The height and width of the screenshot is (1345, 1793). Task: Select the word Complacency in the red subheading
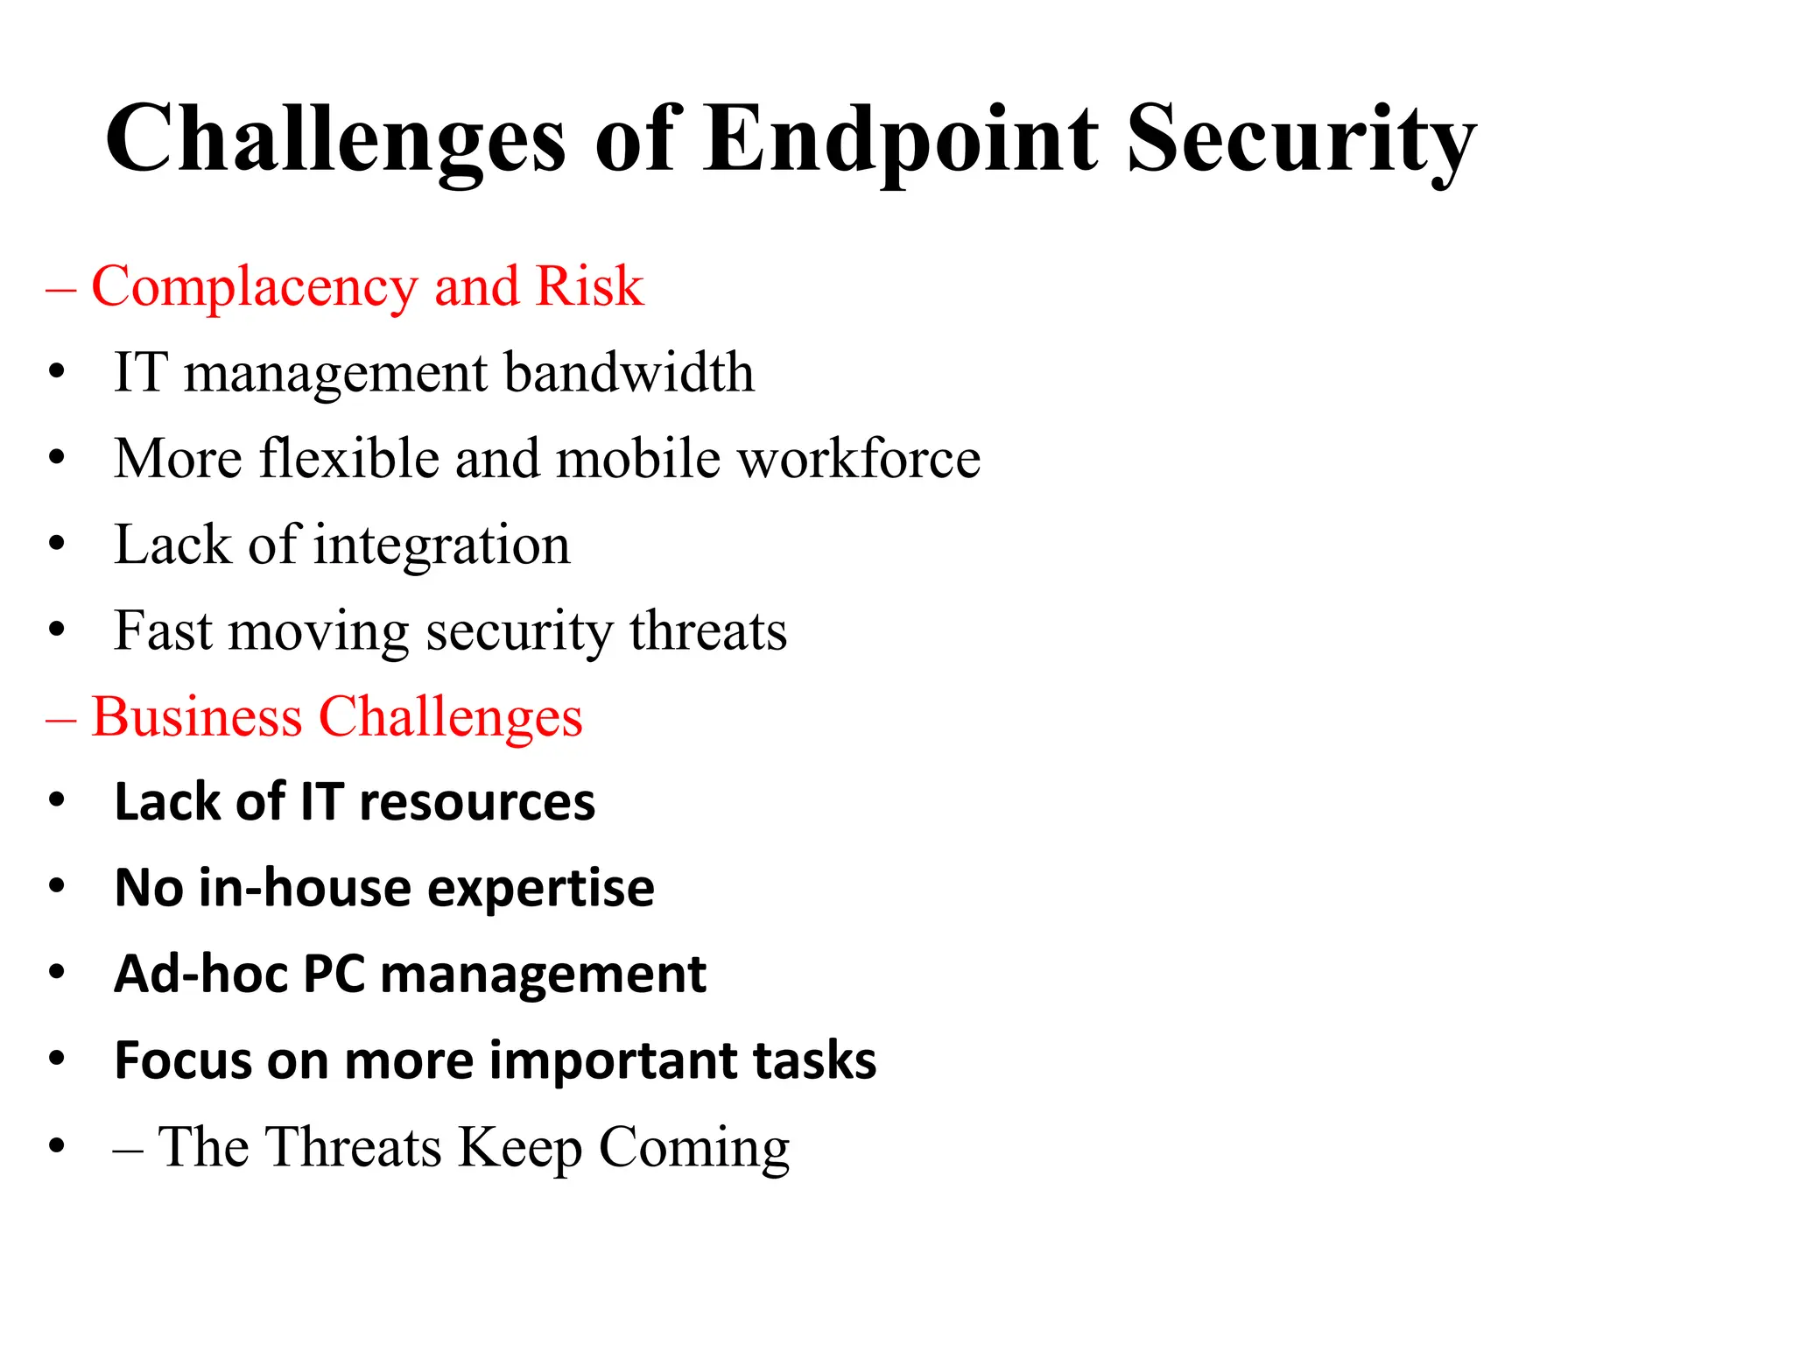pos(255,287)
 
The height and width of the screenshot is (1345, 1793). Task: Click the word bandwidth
pos(629,372)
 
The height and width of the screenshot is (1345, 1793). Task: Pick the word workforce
pos(859,458)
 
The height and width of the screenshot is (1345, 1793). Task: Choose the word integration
pos(441,546)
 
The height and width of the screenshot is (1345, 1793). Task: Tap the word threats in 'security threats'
pos(707,630)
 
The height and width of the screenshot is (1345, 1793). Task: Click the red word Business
pos(196,716)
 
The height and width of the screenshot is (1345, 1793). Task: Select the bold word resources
pos(476,802)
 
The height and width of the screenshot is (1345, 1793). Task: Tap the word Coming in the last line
pos(693,1147)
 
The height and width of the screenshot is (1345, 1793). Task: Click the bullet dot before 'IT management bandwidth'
pos(57,372)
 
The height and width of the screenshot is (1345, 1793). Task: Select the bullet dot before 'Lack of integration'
pos(57,545)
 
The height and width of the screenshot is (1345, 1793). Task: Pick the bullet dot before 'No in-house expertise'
pos(57,887)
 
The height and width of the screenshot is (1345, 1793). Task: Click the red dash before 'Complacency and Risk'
pos(60,289)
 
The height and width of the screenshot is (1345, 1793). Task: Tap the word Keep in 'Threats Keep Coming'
pos(520,1147)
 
